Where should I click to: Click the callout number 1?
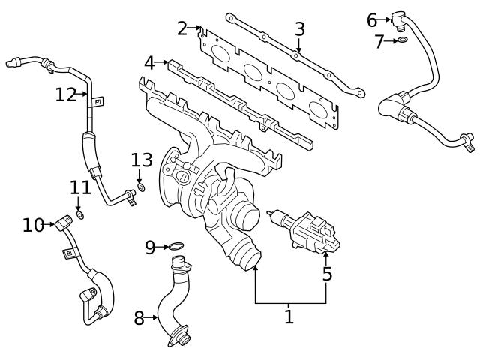point(289,316)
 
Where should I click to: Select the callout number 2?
point(182,28)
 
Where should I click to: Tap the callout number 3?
point(299,29)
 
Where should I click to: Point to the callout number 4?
point(149,63)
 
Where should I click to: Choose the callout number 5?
point(327,274)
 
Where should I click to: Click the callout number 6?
point(372,20)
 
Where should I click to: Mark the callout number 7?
point(379,41)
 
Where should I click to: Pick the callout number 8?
point(139,318)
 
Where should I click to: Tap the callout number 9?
point(150,246)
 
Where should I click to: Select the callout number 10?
point(33,224)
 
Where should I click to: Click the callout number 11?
point(80,187)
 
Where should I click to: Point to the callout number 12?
point(65,94)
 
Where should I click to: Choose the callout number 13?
point(142,160)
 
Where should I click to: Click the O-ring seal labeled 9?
point(175,246)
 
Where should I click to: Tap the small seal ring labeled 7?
point(403,40)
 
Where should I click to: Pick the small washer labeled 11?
point(80,215)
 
